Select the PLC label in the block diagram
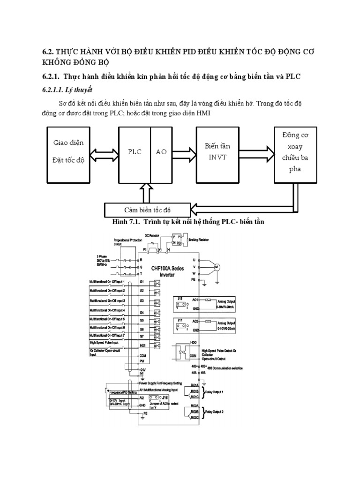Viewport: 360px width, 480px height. pyautogui.click(x=135, y=152)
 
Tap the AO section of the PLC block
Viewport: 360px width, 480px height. pyautogui.click(x=161, y=152)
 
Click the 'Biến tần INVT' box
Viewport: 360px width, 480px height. pyautogui.click(x=217, y=152)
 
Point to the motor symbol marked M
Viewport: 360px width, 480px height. pyautogui.click(x=217, y=267)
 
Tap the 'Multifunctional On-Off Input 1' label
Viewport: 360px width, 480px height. pyautogui.click(x=107, y=281)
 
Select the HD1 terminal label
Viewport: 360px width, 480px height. pyautogui.click(x=143, y=345)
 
